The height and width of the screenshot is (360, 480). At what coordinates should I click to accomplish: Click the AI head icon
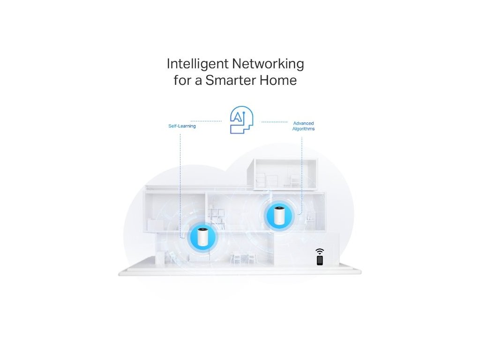coord(241,120)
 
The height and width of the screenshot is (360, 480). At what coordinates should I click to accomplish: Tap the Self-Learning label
coord(182,126)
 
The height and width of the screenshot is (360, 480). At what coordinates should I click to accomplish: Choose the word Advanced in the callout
coord(303,123)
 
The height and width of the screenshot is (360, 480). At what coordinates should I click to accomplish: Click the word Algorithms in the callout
coord(303,128)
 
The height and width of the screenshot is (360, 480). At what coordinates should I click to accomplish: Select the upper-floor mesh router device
coord(278,216)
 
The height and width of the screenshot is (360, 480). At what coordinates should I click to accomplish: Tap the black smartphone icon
coord(320,260)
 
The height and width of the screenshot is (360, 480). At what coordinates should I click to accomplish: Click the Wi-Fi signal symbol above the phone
coord(320,251)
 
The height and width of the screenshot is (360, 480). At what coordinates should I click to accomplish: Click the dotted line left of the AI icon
coord(206,121)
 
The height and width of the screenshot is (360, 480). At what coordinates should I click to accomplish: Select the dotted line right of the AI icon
coord(274,122)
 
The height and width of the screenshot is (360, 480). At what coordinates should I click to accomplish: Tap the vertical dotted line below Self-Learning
coord(180,178)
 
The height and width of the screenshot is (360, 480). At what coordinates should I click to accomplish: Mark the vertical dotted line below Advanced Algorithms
coord(302,169)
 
